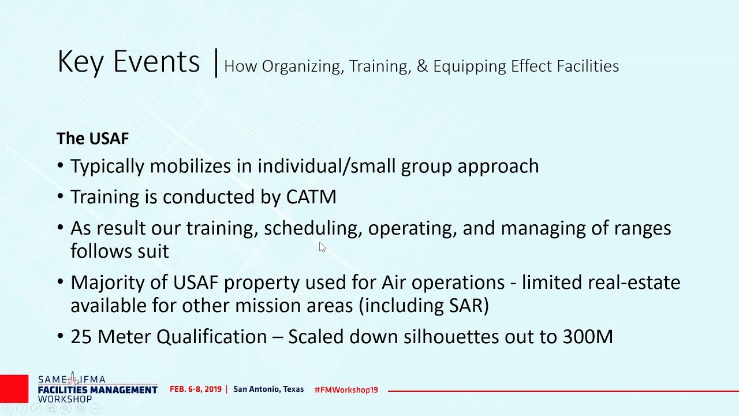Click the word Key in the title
coord(80,62)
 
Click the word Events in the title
coord(156,61)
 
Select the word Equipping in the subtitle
coord(469,66)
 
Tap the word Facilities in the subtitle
coord(588,66)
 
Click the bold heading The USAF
coord(92,139)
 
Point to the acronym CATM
coord(311,197)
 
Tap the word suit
coord(153,251)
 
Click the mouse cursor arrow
coord(322,247)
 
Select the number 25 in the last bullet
coord(81,337)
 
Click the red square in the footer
coord(14,389)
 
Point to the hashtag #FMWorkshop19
coord(346,390)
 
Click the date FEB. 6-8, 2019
coord(196,389)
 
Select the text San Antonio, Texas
coord(268,389)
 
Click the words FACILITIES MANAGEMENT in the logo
coord(98,390)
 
